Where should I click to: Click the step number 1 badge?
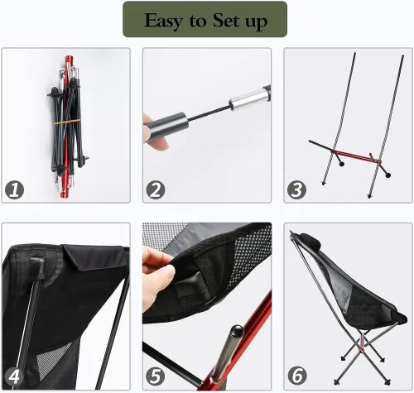(x=14, y=189)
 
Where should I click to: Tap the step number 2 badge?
(x=156, y=189)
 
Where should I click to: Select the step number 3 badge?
(x=296, y=189)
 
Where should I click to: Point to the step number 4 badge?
(x=14, y=376)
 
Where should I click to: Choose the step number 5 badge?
(x=156, y=376)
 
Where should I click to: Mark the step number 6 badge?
(x=297, y=376)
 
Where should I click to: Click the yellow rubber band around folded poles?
(x=67, y=122)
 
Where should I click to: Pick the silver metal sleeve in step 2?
(x=249, y=99)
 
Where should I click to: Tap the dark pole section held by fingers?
(x=166, y=127)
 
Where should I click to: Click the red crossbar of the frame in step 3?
(x=356, y=157)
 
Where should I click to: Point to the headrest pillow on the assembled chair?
(x=311, y=240)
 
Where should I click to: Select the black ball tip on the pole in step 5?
(x=237, y=331)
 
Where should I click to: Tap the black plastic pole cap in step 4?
(x=37, y=267)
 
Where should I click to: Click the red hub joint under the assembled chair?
(x=361, y=350)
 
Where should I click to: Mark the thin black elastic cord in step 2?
(x=209, y=113)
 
